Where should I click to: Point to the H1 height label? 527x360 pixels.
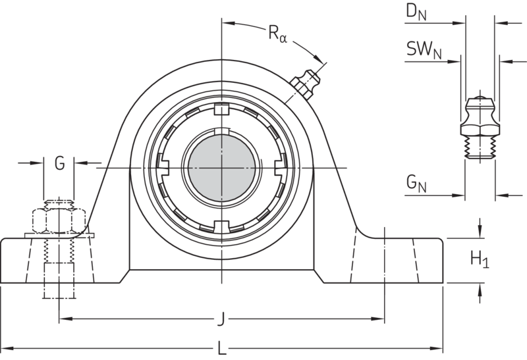tap(479, 260)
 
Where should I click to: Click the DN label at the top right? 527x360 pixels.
tap(416, 13)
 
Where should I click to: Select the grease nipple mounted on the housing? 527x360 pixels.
tap(304, 86)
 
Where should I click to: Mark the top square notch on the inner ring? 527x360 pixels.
tap(222, 109)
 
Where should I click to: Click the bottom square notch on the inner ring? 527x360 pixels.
tap(222, 225)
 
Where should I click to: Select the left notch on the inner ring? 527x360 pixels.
tap(164, 167)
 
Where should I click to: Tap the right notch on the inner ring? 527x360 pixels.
tap(279, 167)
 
